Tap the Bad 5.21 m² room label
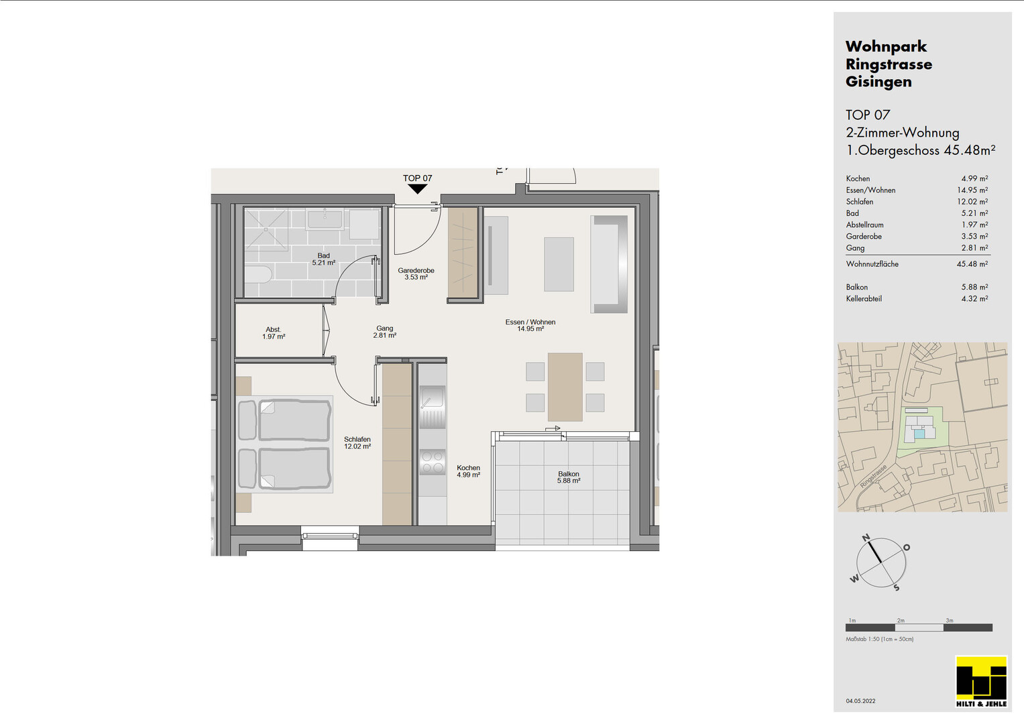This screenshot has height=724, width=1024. coord(324,259)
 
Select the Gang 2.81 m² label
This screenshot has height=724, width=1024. coord(384,331)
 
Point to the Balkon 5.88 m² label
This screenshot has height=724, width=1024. coord(569,477)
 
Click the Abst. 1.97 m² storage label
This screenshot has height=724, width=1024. coord(274,333)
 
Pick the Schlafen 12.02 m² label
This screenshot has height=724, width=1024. coord(357,442)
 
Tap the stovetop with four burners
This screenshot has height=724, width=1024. coord(432,462)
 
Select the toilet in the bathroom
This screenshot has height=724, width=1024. coord(258,276)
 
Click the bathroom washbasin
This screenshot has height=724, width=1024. coord(325,220)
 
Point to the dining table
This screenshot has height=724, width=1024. coord(565,387)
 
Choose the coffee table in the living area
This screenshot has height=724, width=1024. coord(559,264)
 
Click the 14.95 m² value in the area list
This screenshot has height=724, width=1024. coord(972,190)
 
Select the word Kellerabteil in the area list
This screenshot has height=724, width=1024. coord(864,299)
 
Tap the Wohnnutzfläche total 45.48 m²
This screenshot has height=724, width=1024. coord(972,264)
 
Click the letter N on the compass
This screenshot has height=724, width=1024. coord(866,538)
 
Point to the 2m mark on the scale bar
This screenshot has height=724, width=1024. coord(901,620)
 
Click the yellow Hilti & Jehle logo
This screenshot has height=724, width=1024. coord(981,682)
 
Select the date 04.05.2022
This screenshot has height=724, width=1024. coord(860,701)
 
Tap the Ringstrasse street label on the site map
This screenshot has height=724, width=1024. coord(873,476)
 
